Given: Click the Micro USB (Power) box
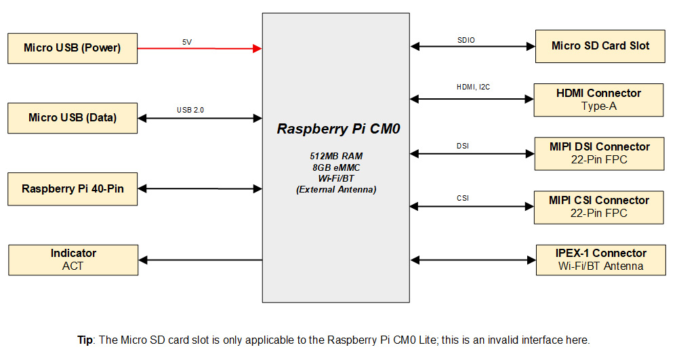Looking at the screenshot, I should coord(72,48).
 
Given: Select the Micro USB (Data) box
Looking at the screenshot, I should coord(72,118).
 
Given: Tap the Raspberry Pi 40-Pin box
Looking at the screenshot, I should coord(73,188).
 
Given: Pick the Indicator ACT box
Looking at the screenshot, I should coord(73,260).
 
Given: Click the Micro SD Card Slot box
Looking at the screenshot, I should coord(600,46).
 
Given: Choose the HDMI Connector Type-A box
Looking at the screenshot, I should coord(598,100).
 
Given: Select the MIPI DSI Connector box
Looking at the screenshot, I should coord(599,153).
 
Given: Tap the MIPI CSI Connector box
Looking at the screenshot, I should coord(599,207).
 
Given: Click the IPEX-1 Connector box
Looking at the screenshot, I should coord(600,260).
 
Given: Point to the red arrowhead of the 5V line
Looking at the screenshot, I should coord(258,48).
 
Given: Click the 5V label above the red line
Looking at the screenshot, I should coord(186,42).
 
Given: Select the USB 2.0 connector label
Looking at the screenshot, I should coord(190,110).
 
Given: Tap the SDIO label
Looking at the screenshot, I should coord(466,40).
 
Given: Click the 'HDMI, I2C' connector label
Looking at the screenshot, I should coord(474,87).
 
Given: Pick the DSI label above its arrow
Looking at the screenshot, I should coord(463,145).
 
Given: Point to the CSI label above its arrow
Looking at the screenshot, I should coord(463,198).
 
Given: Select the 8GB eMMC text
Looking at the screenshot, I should coord(336,167).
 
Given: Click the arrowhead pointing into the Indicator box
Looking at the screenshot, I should coord(144,260).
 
